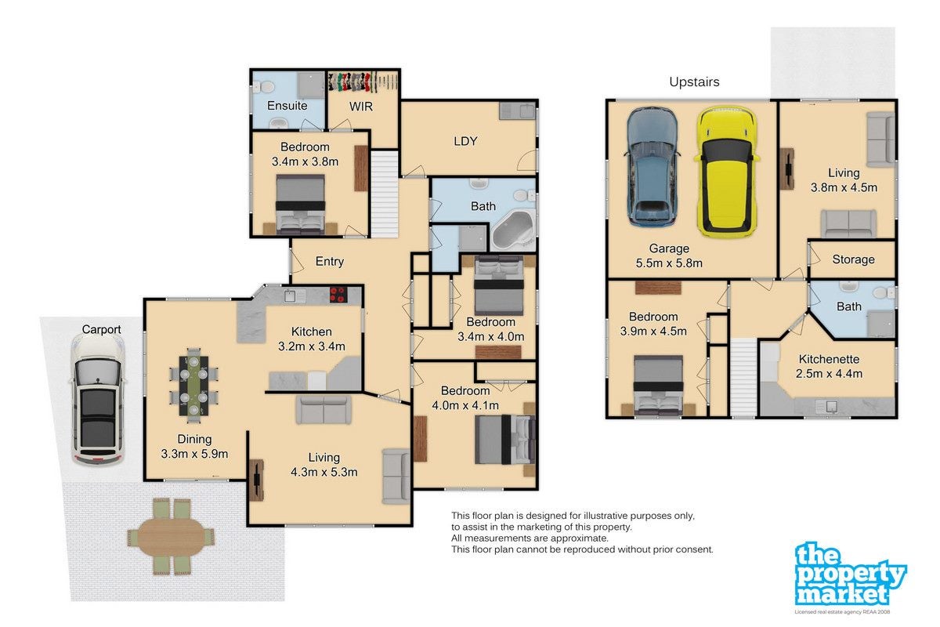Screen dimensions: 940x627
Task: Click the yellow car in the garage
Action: [x=726, y=171]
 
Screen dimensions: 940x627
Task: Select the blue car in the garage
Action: [x=652, y=167]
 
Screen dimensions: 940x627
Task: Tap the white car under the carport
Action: [x=97, y=399]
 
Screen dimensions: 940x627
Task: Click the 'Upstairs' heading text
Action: [x=694, y=82]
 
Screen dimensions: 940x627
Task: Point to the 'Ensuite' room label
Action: [x=287, y=105]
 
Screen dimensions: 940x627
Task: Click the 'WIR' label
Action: [x=361, y=107]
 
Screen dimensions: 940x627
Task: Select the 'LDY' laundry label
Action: [x=465, y=141]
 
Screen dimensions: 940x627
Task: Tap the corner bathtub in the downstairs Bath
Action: [x=513, y=230]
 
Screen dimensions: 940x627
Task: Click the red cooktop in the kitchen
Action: [x=338, y=295]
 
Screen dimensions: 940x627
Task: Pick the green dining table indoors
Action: [x=193, y=386]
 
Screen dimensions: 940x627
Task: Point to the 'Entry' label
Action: [x=330, y=262]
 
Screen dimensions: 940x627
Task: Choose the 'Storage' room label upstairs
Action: [x=853, y=259]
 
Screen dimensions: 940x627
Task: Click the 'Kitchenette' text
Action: [x=829, y=359]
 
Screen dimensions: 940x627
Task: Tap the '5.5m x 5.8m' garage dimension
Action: [x=669, y=263]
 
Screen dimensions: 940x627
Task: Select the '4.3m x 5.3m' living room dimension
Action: [x=324, y=472]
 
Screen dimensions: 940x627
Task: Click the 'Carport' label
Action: [x=101, y=330]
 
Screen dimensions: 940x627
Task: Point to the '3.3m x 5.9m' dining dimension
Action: [x=194, y=454]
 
